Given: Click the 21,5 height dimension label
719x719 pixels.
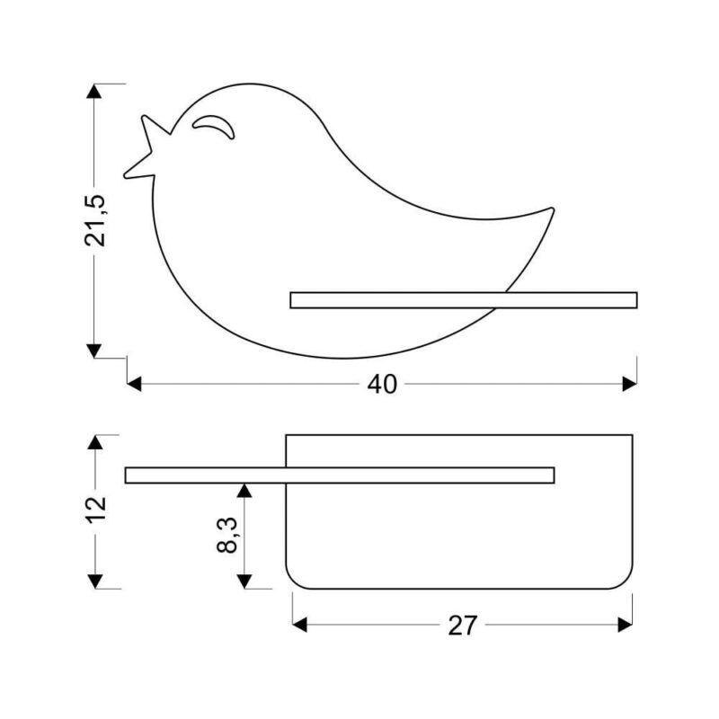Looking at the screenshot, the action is tap(95, 221).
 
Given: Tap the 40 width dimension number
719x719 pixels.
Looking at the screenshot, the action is tap(382, 385).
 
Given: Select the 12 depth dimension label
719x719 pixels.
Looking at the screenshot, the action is tap(96, 508).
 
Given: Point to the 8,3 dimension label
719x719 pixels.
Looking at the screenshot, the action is tap(227, 535).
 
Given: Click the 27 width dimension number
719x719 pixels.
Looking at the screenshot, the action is tap(463, 626).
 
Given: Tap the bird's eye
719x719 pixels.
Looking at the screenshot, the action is tap(214, 126).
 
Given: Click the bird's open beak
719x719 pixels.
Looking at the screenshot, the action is tap(146, 147).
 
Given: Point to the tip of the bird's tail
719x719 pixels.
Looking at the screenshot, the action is tap(552, 210).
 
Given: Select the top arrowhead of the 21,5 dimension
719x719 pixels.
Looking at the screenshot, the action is tap(94, 92).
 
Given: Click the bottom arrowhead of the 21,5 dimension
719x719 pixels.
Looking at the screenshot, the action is tap(94, 351).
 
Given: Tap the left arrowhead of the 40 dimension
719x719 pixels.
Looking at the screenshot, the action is tap(134, 385).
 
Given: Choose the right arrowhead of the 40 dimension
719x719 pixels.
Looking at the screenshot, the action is tap(630, 385).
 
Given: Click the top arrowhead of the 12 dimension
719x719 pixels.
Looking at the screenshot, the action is tap(95, 442).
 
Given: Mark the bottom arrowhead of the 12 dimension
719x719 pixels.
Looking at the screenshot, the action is tap(95, 581).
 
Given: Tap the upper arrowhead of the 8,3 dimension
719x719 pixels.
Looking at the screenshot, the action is tap(244, 491).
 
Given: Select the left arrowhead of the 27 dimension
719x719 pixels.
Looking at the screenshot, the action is tap(300, 625).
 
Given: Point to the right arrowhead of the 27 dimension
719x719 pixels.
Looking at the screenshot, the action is tap(625, 625).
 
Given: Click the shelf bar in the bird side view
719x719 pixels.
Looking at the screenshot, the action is tap(464, 300).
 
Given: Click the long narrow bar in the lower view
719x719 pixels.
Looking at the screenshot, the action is tap(340, 475).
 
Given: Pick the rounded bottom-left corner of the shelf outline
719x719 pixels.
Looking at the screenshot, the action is tap(293, 581).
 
